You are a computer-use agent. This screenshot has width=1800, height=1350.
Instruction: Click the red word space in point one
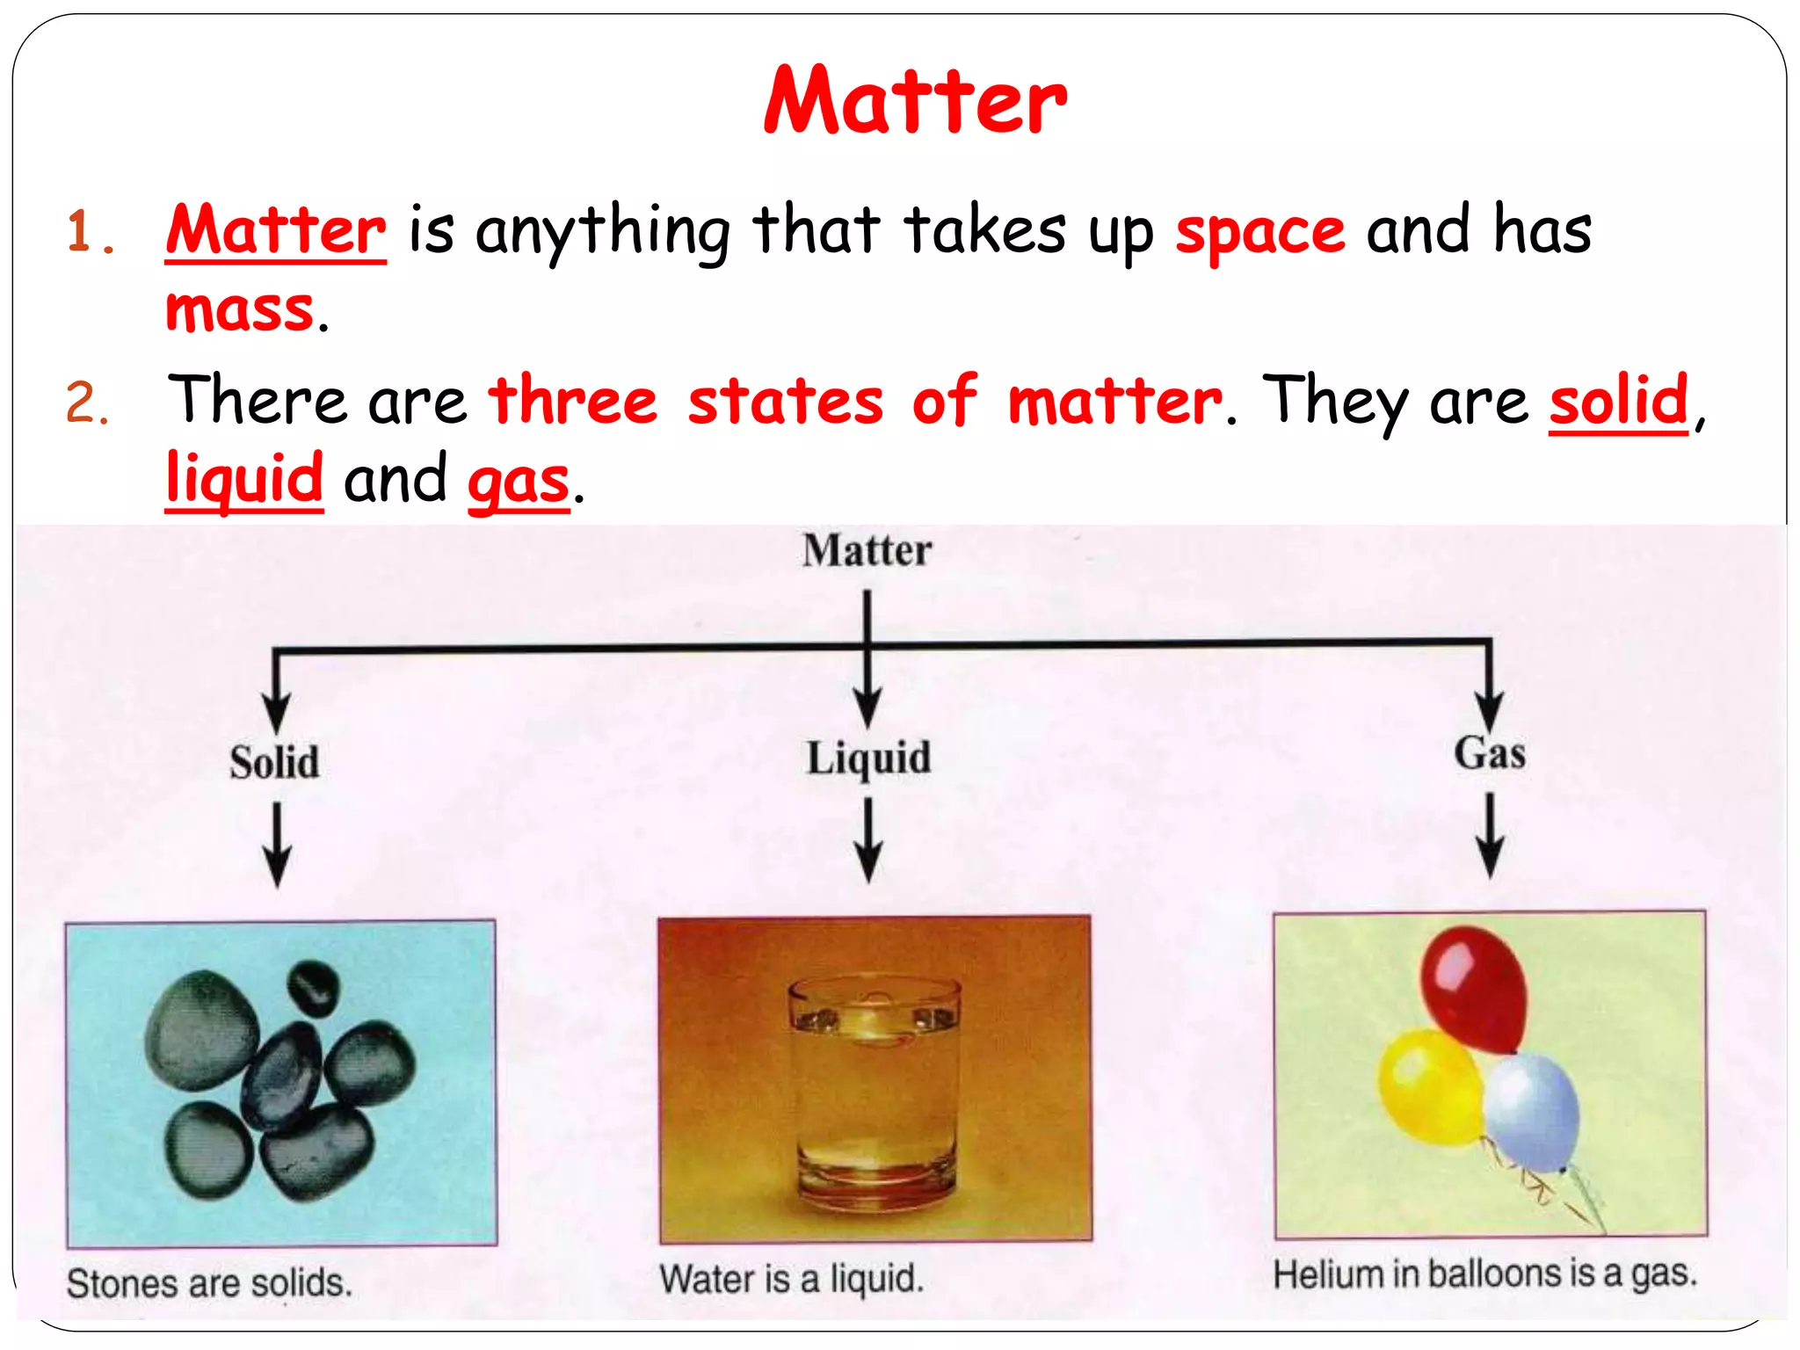coord(1259,231)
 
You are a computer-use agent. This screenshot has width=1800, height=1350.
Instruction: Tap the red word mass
coord(239,310)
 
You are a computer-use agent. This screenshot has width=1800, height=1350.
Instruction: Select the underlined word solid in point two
coord(1618,400)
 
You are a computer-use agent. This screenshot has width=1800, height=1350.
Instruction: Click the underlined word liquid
coord(244,479)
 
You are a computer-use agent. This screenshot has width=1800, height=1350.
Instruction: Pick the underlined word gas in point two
coord(518,482)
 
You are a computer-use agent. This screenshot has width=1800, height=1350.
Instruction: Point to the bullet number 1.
coord(88,233)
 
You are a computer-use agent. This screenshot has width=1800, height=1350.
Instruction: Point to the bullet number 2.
coord(86,403)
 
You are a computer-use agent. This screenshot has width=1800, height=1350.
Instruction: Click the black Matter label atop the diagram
coord(867,551)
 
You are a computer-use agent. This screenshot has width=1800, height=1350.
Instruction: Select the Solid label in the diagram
coord(274,762)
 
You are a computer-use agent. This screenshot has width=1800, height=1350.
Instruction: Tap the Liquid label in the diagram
coord(868,758)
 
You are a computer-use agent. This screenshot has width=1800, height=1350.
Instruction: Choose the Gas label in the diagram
coord(1489,753)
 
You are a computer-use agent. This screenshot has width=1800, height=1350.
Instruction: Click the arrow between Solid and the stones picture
coord(277,844)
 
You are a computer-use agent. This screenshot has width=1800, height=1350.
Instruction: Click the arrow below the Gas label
coord(1489,835)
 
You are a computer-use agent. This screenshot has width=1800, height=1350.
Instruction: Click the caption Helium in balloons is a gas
coord(1484,1274)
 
